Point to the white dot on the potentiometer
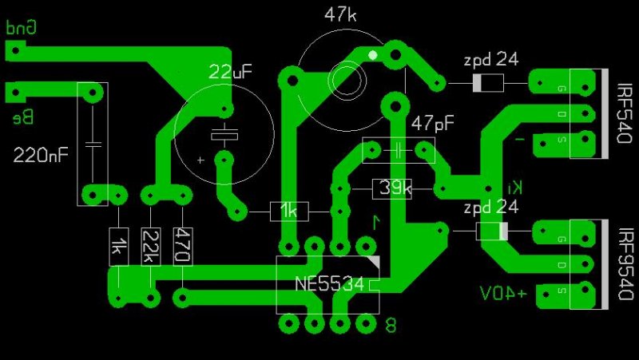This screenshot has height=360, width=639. [x=372, y=55]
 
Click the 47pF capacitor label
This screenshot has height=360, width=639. [x=433, y=124]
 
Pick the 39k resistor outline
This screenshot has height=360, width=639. [x=392, y=188]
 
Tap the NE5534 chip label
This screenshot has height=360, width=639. [x=329, y=284]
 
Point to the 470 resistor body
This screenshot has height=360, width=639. [x=182, y=247]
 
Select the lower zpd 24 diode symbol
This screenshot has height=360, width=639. [x=491, y=231]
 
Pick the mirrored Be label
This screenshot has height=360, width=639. [x=22, y=118]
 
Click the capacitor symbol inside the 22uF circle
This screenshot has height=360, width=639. [x=224, y=133]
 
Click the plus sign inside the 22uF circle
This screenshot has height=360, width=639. [x=200, y=160]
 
